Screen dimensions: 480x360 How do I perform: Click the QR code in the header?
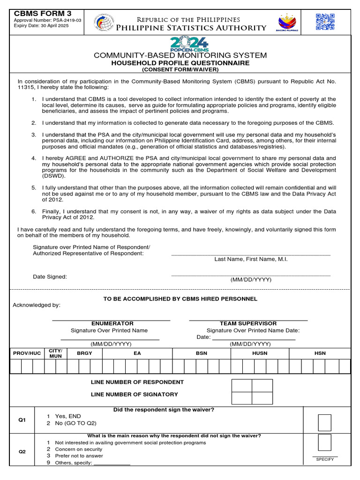325,22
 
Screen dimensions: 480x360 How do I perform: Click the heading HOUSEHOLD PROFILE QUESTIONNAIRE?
180,63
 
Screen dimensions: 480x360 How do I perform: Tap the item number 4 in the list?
34,158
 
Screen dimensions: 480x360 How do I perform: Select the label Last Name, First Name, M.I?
251,259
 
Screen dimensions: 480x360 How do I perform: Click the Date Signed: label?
50,277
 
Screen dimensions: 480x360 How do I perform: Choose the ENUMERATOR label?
112,323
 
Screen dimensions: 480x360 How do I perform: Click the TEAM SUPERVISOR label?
248,323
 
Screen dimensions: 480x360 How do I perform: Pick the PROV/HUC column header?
27,353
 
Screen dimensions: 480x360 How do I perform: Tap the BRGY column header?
84,353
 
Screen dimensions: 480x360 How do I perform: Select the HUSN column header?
260,353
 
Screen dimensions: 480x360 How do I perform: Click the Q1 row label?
22,420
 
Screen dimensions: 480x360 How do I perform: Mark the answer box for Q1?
324,422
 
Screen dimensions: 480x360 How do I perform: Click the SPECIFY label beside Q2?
325,459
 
